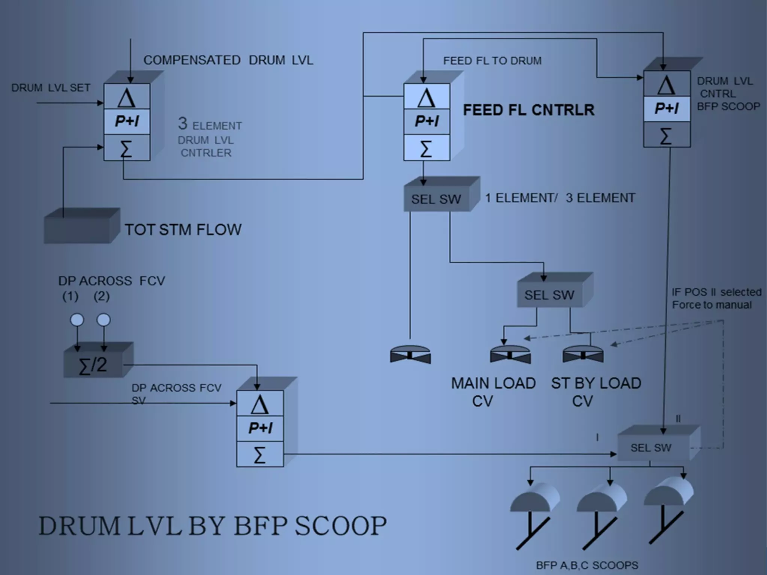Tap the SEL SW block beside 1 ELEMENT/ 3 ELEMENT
pos(436,199)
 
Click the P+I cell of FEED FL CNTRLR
pos(427,121)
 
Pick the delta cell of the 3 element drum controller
pos(127,97)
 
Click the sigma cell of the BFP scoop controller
pos(667,135)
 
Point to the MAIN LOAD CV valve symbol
pos(510,355)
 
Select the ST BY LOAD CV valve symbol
pos(583,355)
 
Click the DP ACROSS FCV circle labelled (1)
pos(77,320)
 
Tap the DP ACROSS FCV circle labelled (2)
pos(104,320)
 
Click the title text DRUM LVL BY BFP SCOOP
pos(212,526)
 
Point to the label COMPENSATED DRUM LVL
pos(228,60)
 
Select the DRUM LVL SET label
pos(51,88)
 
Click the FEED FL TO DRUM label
pos(492,61)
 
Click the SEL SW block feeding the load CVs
pos(549,295)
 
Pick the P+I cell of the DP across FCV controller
pos(260,428)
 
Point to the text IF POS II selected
pos(716,292)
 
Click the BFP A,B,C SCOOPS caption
pos(587,565)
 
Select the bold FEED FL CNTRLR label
pos(528,110)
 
